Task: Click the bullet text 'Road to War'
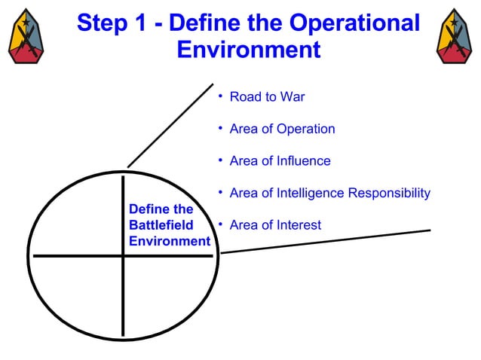[267, 97]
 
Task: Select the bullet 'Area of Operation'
[282, 129]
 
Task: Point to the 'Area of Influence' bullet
[280, 161]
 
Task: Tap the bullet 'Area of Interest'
[275, 225]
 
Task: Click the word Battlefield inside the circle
[161, 225]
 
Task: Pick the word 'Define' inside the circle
[149, 209]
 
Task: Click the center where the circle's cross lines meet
[123, 256]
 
